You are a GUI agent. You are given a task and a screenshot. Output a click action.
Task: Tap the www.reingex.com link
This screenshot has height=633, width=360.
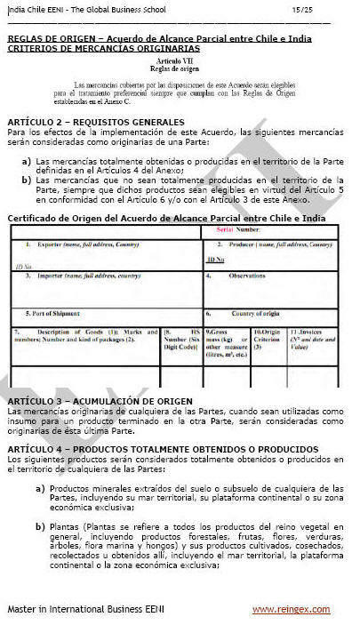click(x=292, y=609)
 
